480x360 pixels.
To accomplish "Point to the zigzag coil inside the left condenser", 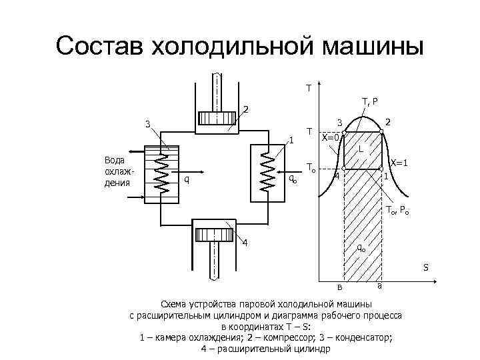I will [x=162, y=175].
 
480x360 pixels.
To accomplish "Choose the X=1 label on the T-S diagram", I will [x=399, y=163].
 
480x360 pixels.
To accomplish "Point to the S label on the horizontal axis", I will [x=425, y=268].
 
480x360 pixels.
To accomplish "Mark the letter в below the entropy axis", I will [x=339, y=287].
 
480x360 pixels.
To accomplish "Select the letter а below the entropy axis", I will [x=379, y=287].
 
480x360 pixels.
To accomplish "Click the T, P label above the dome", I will [x=370, y=102].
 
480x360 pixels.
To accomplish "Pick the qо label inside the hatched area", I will [x=360, y=247].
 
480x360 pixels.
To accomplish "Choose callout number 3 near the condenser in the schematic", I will [x=148, y=124].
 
